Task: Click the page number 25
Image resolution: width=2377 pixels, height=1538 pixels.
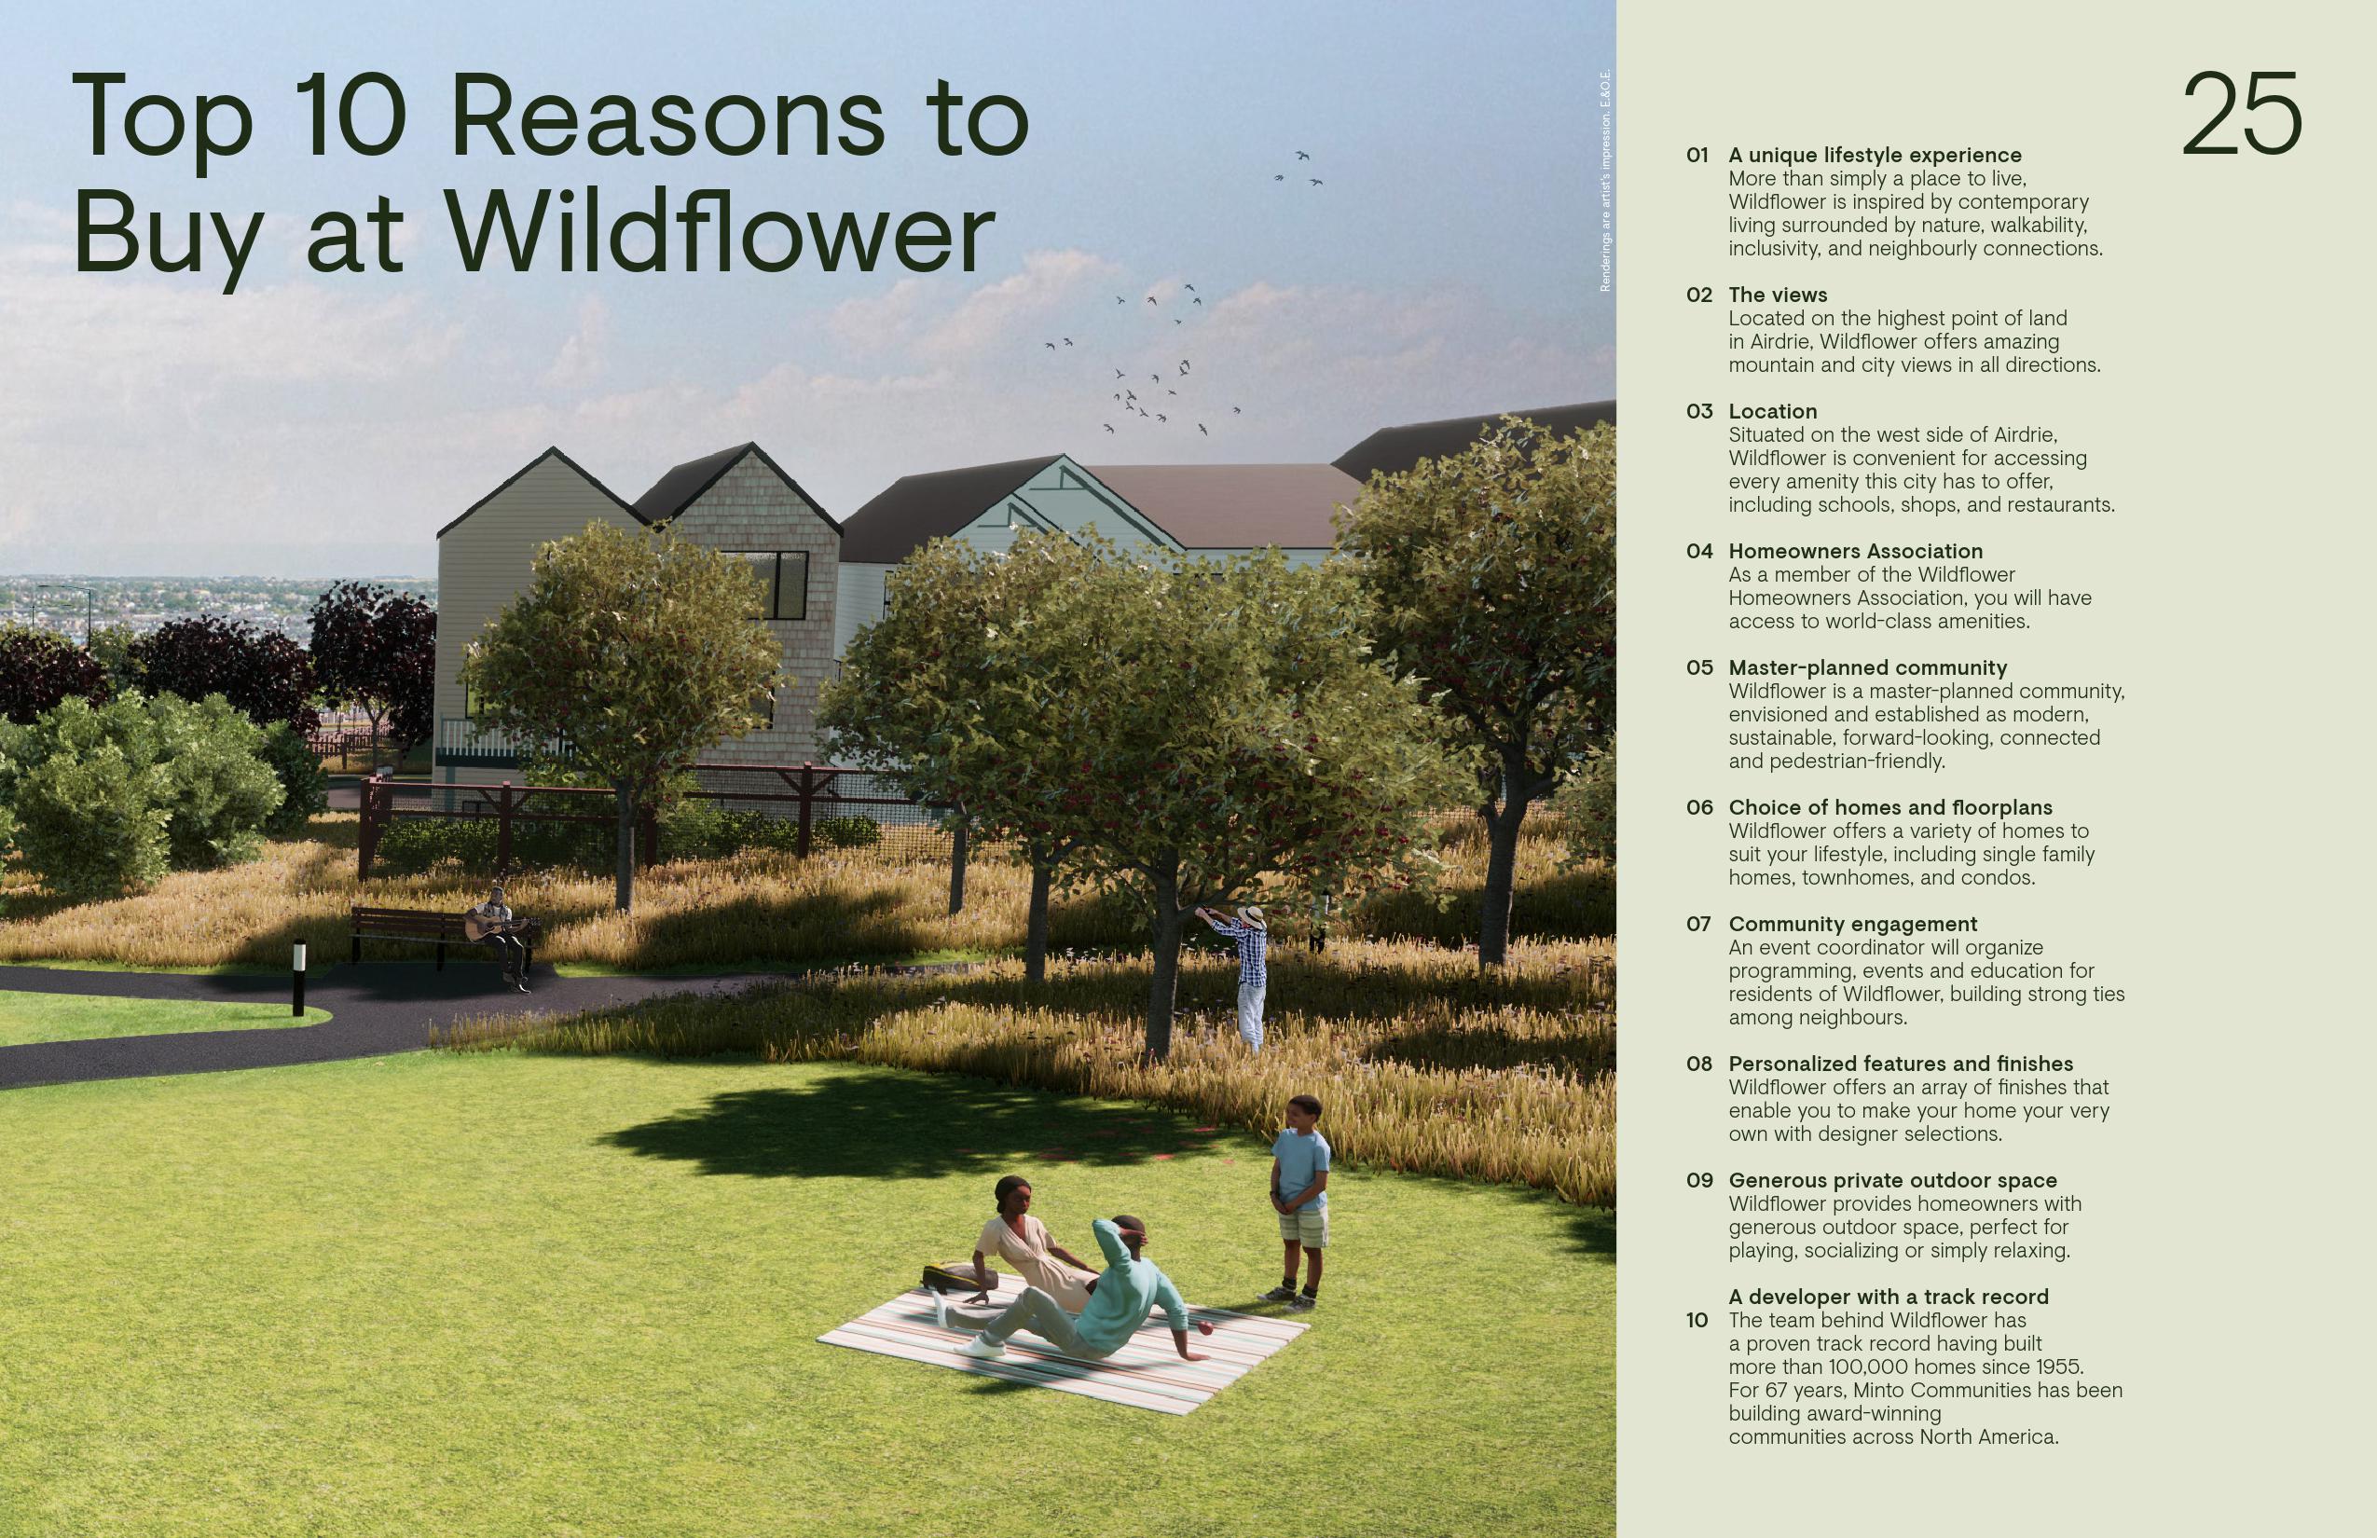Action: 2241,115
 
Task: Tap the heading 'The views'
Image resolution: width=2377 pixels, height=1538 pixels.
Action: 1778,295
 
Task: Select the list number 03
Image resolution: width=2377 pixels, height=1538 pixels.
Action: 1698,411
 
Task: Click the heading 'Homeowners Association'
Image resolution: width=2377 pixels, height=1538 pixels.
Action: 1856,551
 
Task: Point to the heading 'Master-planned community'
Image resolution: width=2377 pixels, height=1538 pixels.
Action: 1868,667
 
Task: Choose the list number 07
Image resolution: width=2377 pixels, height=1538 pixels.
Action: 1698,924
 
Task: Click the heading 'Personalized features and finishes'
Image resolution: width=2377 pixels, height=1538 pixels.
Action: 1901,1064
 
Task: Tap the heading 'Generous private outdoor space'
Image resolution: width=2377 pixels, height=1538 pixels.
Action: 1892,1180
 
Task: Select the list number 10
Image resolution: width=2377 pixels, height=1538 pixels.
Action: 1697,1320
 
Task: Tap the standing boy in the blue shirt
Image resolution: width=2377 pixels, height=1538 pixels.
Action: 1301,1199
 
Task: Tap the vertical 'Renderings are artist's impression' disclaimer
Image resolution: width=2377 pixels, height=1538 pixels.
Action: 1605,180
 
